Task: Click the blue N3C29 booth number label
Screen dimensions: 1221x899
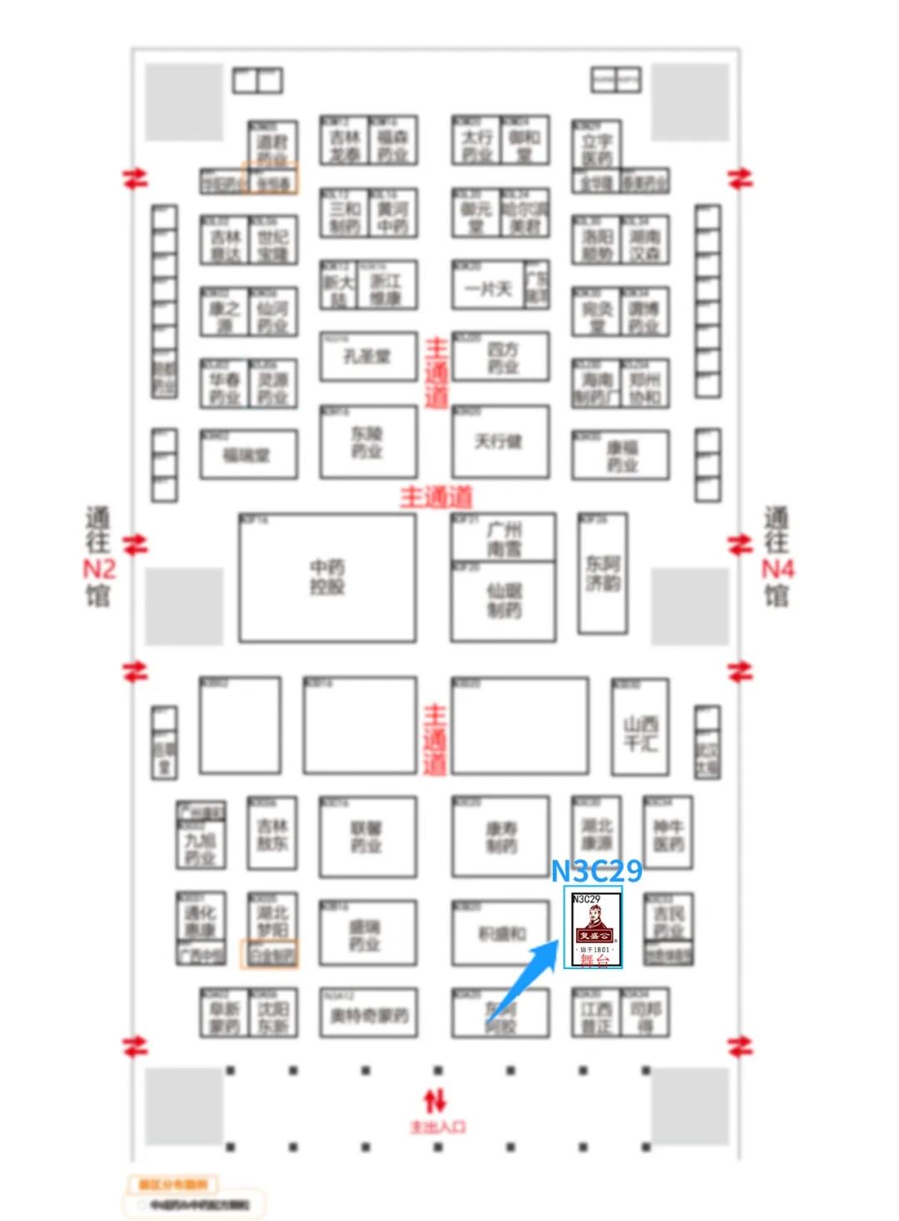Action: [597, 871]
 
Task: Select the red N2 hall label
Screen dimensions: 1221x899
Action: [99, 570]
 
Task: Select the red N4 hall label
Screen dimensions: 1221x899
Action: [777, 570]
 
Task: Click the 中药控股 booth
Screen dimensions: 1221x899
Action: [327, 577]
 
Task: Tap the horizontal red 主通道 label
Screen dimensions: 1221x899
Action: [436, 497]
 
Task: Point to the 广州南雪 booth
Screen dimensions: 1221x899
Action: [503, 538]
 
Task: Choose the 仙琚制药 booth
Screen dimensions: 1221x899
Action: [503, 601]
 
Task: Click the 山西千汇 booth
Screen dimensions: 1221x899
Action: [640, 733]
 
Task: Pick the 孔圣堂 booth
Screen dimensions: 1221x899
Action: [367, 357]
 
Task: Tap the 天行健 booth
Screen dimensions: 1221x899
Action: [499, 442]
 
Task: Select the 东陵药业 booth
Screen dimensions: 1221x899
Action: [367, 442]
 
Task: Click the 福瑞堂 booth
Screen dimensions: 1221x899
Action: [248, 455]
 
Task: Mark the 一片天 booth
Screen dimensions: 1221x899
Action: [489, 289]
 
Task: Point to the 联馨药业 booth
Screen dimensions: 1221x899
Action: [367, 837]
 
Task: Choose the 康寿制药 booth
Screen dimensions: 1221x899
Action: [500, 837]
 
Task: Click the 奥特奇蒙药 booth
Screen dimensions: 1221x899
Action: [367, 1014]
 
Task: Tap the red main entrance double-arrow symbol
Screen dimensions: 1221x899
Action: [435, 1101]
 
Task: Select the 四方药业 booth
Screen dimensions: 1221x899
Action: [501, 357]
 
